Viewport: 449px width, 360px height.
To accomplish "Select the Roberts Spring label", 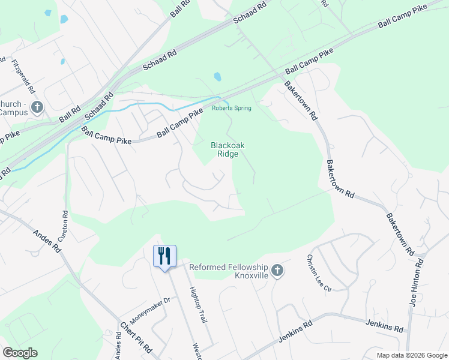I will [x=231, y=108].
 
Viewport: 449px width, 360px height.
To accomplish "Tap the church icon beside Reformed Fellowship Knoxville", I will [x=277, y=271].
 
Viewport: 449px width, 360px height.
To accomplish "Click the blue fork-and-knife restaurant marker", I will [x=164, y=256].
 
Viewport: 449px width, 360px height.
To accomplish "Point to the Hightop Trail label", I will [x=197, y=311].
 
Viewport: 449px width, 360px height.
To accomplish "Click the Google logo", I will [x=20, y=353].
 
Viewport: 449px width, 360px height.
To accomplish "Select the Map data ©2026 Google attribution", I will [x=411, y=355].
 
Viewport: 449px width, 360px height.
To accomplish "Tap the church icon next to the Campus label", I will [x=37, y=107].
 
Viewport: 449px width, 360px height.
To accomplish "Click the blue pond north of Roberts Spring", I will [x=217, y=77].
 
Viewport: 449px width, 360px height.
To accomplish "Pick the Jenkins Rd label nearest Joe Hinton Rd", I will [x=384, y=326].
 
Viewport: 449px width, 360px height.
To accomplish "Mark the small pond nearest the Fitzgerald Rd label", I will [x=62, y=61].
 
